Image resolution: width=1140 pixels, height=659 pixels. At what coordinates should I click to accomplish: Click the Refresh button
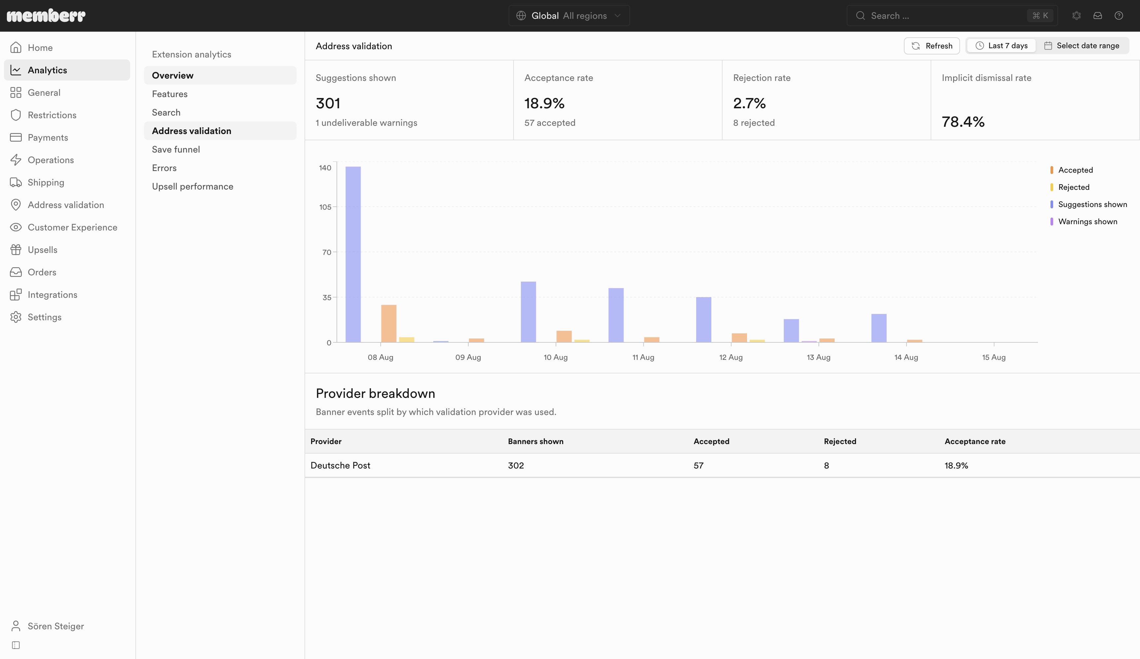pyautogui.click(x=932, y=46)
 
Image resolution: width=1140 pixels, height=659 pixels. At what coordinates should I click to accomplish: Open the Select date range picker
pyautogui.click(x=1081, y=46)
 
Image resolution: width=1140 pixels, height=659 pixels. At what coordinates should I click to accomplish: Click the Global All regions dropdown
pyautogui.click(x=569, y=16)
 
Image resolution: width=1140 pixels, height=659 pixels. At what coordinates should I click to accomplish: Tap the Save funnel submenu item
pyautogui.click(x=176, y=149)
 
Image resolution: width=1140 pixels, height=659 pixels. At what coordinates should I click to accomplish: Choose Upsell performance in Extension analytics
pyautogui.click(x=193, y=186)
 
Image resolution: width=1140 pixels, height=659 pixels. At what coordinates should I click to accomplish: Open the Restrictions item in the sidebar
pyautogui.click(x=52, y=115)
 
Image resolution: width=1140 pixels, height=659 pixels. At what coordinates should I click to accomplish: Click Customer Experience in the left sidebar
pyautogui.click(x=72, y=227)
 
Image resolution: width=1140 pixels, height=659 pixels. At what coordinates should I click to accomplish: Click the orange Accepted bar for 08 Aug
pyautogui.click(x=389, y=324)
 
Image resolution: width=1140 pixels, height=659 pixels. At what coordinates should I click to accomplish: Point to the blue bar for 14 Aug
pyautogui.click(x=879, y=328)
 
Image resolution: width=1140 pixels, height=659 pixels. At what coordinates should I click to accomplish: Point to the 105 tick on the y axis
pyautogui.click(x=325, y=207)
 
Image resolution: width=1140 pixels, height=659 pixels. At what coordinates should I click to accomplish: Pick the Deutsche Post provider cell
pyautogui.click(x=340, y=466)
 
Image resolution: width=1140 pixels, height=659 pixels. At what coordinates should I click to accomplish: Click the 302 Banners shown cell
pyautogui.click(x=516, y=466)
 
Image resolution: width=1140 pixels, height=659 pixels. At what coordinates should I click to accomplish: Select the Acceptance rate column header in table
pyautogui.click(x=975, y=441)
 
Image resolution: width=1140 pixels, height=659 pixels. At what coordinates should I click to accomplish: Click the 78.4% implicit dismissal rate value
pyautogui.click(x=963, y=122)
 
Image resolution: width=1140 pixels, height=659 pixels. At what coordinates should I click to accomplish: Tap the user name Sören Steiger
pyautogui.click(x=55, y=626)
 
